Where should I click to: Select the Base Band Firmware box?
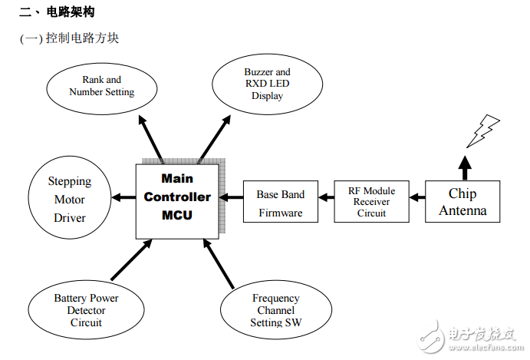coord(280,203)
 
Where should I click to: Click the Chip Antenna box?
coord(463,202)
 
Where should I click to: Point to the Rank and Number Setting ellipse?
coord(101,86)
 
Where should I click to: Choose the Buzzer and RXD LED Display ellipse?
coord(267,84)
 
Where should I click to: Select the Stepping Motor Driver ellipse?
coord(70,200)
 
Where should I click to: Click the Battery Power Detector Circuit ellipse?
coord(86,310)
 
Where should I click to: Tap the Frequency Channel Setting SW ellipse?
coord(275,310)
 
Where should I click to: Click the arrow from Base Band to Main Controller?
coord(231,198)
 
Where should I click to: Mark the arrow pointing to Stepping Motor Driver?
coord(123,198)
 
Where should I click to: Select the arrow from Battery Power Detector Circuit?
coord(131,260)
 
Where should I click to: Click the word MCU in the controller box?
coord(177,215)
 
